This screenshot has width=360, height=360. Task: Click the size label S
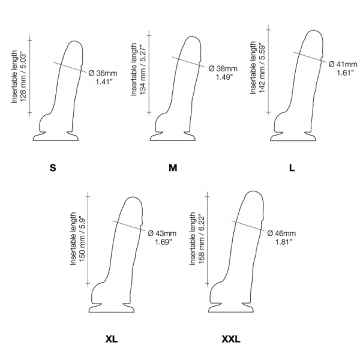(53, 168)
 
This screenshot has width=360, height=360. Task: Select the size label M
(173, 168)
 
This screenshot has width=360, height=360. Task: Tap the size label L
(292, 168)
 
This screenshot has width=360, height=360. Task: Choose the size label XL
(112, 339)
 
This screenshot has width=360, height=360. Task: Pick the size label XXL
(231, 339)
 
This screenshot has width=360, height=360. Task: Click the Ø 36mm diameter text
(103, 73)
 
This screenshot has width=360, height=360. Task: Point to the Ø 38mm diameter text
(223, 68)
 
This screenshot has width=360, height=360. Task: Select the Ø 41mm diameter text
(343, 64)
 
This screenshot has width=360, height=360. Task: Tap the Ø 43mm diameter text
(162, 233)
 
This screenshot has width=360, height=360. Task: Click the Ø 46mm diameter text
(281, 233)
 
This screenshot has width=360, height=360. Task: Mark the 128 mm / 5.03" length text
(23, 77)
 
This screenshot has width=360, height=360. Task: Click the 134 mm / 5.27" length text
(143, 70)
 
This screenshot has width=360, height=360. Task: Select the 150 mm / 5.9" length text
(82, 239)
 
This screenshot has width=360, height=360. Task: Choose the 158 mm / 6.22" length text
(202, 239)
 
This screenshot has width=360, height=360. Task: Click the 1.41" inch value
(104, 82)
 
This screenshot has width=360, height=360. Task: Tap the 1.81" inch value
(284, 242)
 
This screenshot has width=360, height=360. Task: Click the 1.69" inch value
(163, 242)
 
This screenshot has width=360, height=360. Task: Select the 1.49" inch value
(224, 77)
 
